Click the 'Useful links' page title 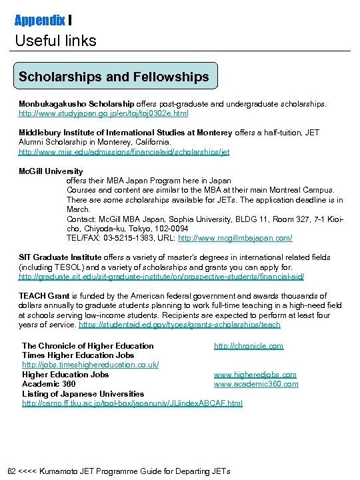[x=56, y=41]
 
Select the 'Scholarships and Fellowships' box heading [x=114, y=77]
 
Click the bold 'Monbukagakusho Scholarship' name [x=77, y=105]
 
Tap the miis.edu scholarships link [x=123, y=152]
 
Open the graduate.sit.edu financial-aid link [x=151, y=277]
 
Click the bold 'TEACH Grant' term [x=43, y=296]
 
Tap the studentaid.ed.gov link [x=179, y=325]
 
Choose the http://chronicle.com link [x=248, y=345]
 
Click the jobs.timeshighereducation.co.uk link [x=90, y=365]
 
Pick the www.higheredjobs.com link [x=255, y=375]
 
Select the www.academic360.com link [x=256, y=384]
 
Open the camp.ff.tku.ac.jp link [x=132, y=403]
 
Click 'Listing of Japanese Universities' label [x=83, y=394]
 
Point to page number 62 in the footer [x=11, y=471]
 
